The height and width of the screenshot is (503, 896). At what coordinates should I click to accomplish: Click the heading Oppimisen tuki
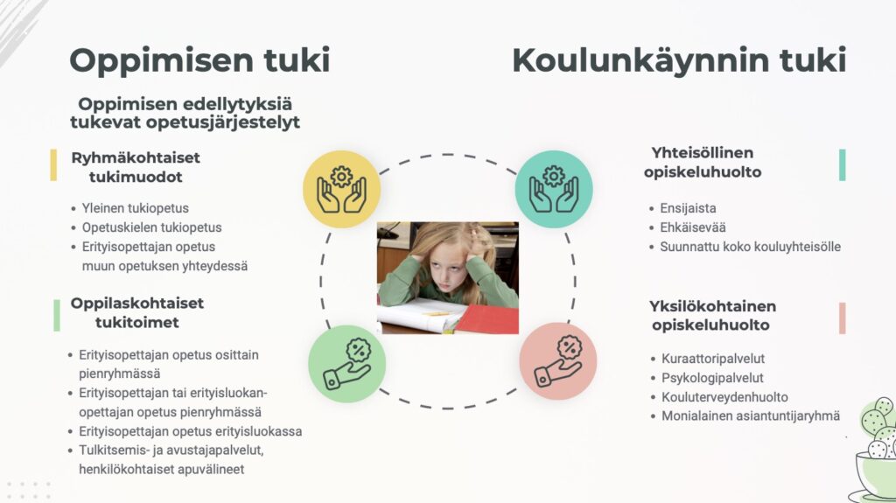(200, 60)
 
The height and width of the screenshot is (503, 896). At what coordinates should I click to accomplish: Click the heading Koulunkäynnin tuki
(679, 60)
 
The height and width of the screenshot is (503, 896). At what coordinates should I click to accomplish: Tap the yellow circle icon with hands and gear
(342, 189)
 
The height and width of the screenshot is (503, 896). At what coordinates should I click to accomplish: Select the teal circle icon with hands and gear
(554, 189)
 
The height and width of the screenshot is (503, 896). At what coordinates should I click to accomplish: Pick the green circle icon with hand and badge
(346, 364)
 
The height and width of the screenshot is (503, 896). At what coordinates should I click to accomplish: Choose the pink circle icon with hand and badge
(557, 361)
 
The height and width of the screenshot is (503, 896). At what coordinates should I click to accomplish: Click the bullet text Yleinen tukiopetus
(136, 208)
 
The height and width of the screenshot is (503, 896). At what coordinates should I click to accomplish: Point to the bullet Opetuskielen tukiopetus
(152, 227)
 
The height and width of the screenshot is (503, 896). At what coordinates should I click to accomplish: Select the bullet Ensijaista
(688, 208)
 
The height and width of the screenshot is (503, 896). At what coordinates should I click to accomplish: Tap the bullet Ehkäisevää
(693, 227)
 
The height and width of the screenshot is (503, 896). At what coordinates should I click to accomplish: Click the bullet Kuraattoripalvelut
(713, 359)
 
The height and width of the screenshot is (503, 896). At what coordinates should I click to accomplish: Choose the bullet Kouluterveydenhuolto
(724, 396)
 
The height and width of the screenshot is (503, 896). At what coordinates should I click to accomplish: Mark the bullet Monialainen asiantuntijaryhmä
(751, 416)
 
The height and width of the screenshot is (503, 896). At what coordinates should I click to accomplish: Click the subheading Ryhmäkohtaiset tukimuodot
(136, 167)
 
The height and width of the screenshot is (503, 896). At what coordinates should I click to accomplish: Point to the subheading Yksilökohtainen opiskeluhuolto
(712, 316)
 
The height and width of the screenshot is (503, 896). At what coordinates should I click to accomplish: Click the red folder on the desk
(489, 319)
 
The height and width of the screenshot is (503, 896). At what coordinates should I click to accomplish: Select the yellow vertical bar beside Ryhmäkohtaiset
(53, 165)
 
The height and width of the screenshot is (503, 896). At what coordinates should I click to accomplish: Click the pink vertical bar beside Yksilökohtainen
(843, 318)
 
